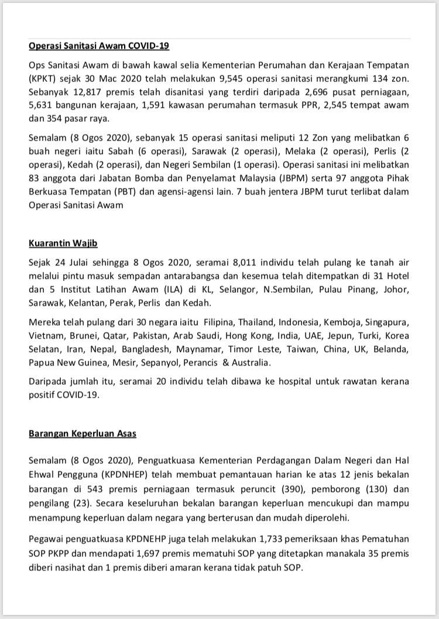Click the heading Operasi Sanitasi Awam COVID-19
click(99, 46)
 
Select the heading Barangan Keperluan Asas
click(83, 433)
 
